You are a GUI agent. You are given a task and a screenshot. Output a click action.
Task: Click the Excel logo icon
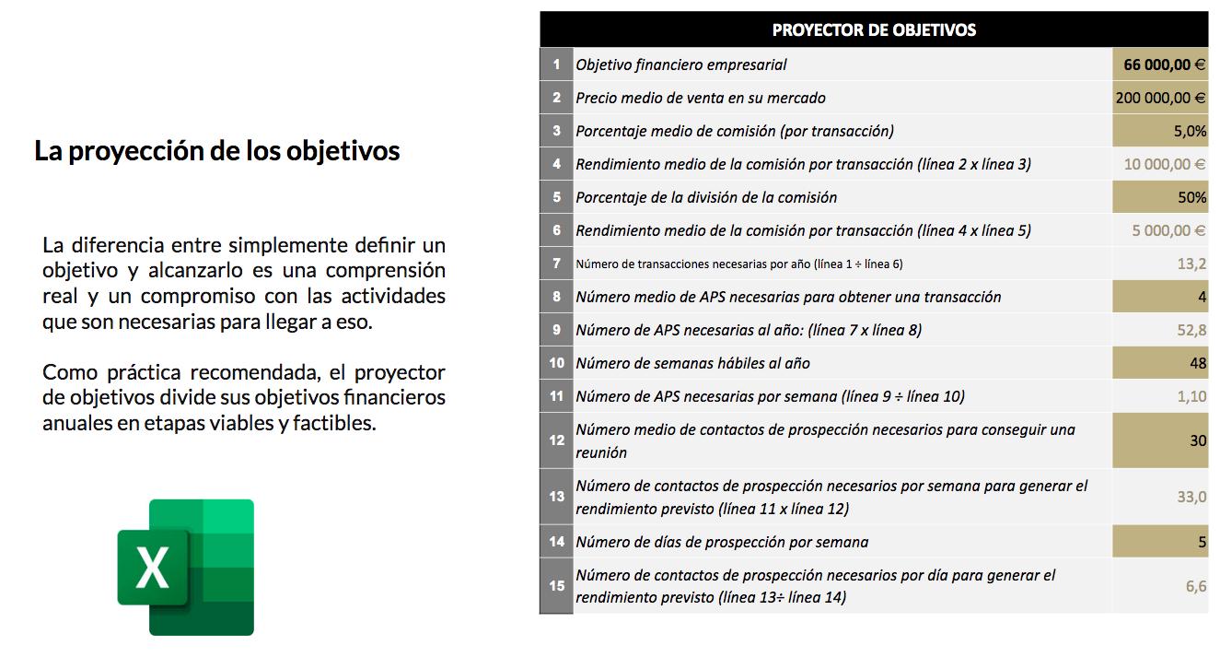pyautogui.click(x=185, y=567)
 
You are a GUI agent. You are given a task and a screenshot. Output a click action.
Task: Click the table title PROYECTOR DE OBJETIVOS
pyautogui.click(x=873, y=29)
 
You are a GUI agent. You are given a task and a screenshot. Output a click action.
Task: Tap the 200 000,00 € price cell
pyautogui.click(x=1160, y=98)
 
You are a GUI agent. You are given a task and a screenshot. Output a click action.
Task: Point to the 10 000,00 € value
pyautogui.click(x=1164, y=164)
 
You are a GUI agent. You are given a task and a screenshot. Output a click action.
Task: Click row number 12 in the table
pyautogui.click(x=556, y=440)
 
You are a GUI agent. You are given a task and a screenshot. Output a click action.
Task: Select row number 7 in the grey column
pyautogui.click(x=556, y=264)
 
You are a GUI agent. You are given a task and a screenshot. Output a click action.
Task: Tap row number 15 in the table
pyautogui.click(x=556, y=585)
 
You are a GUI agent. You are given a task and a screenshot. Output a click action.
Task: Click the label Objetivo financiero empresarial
pyautogui.click(x=681, y=65)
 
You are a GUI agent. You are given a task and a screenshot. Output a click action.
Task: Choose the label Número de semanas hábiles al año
pyautogui.click(x=692, y=363)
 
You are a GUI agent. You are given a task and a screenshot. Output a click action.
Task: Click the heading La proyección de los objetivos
pyautogui.click(x=217, y=150)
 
